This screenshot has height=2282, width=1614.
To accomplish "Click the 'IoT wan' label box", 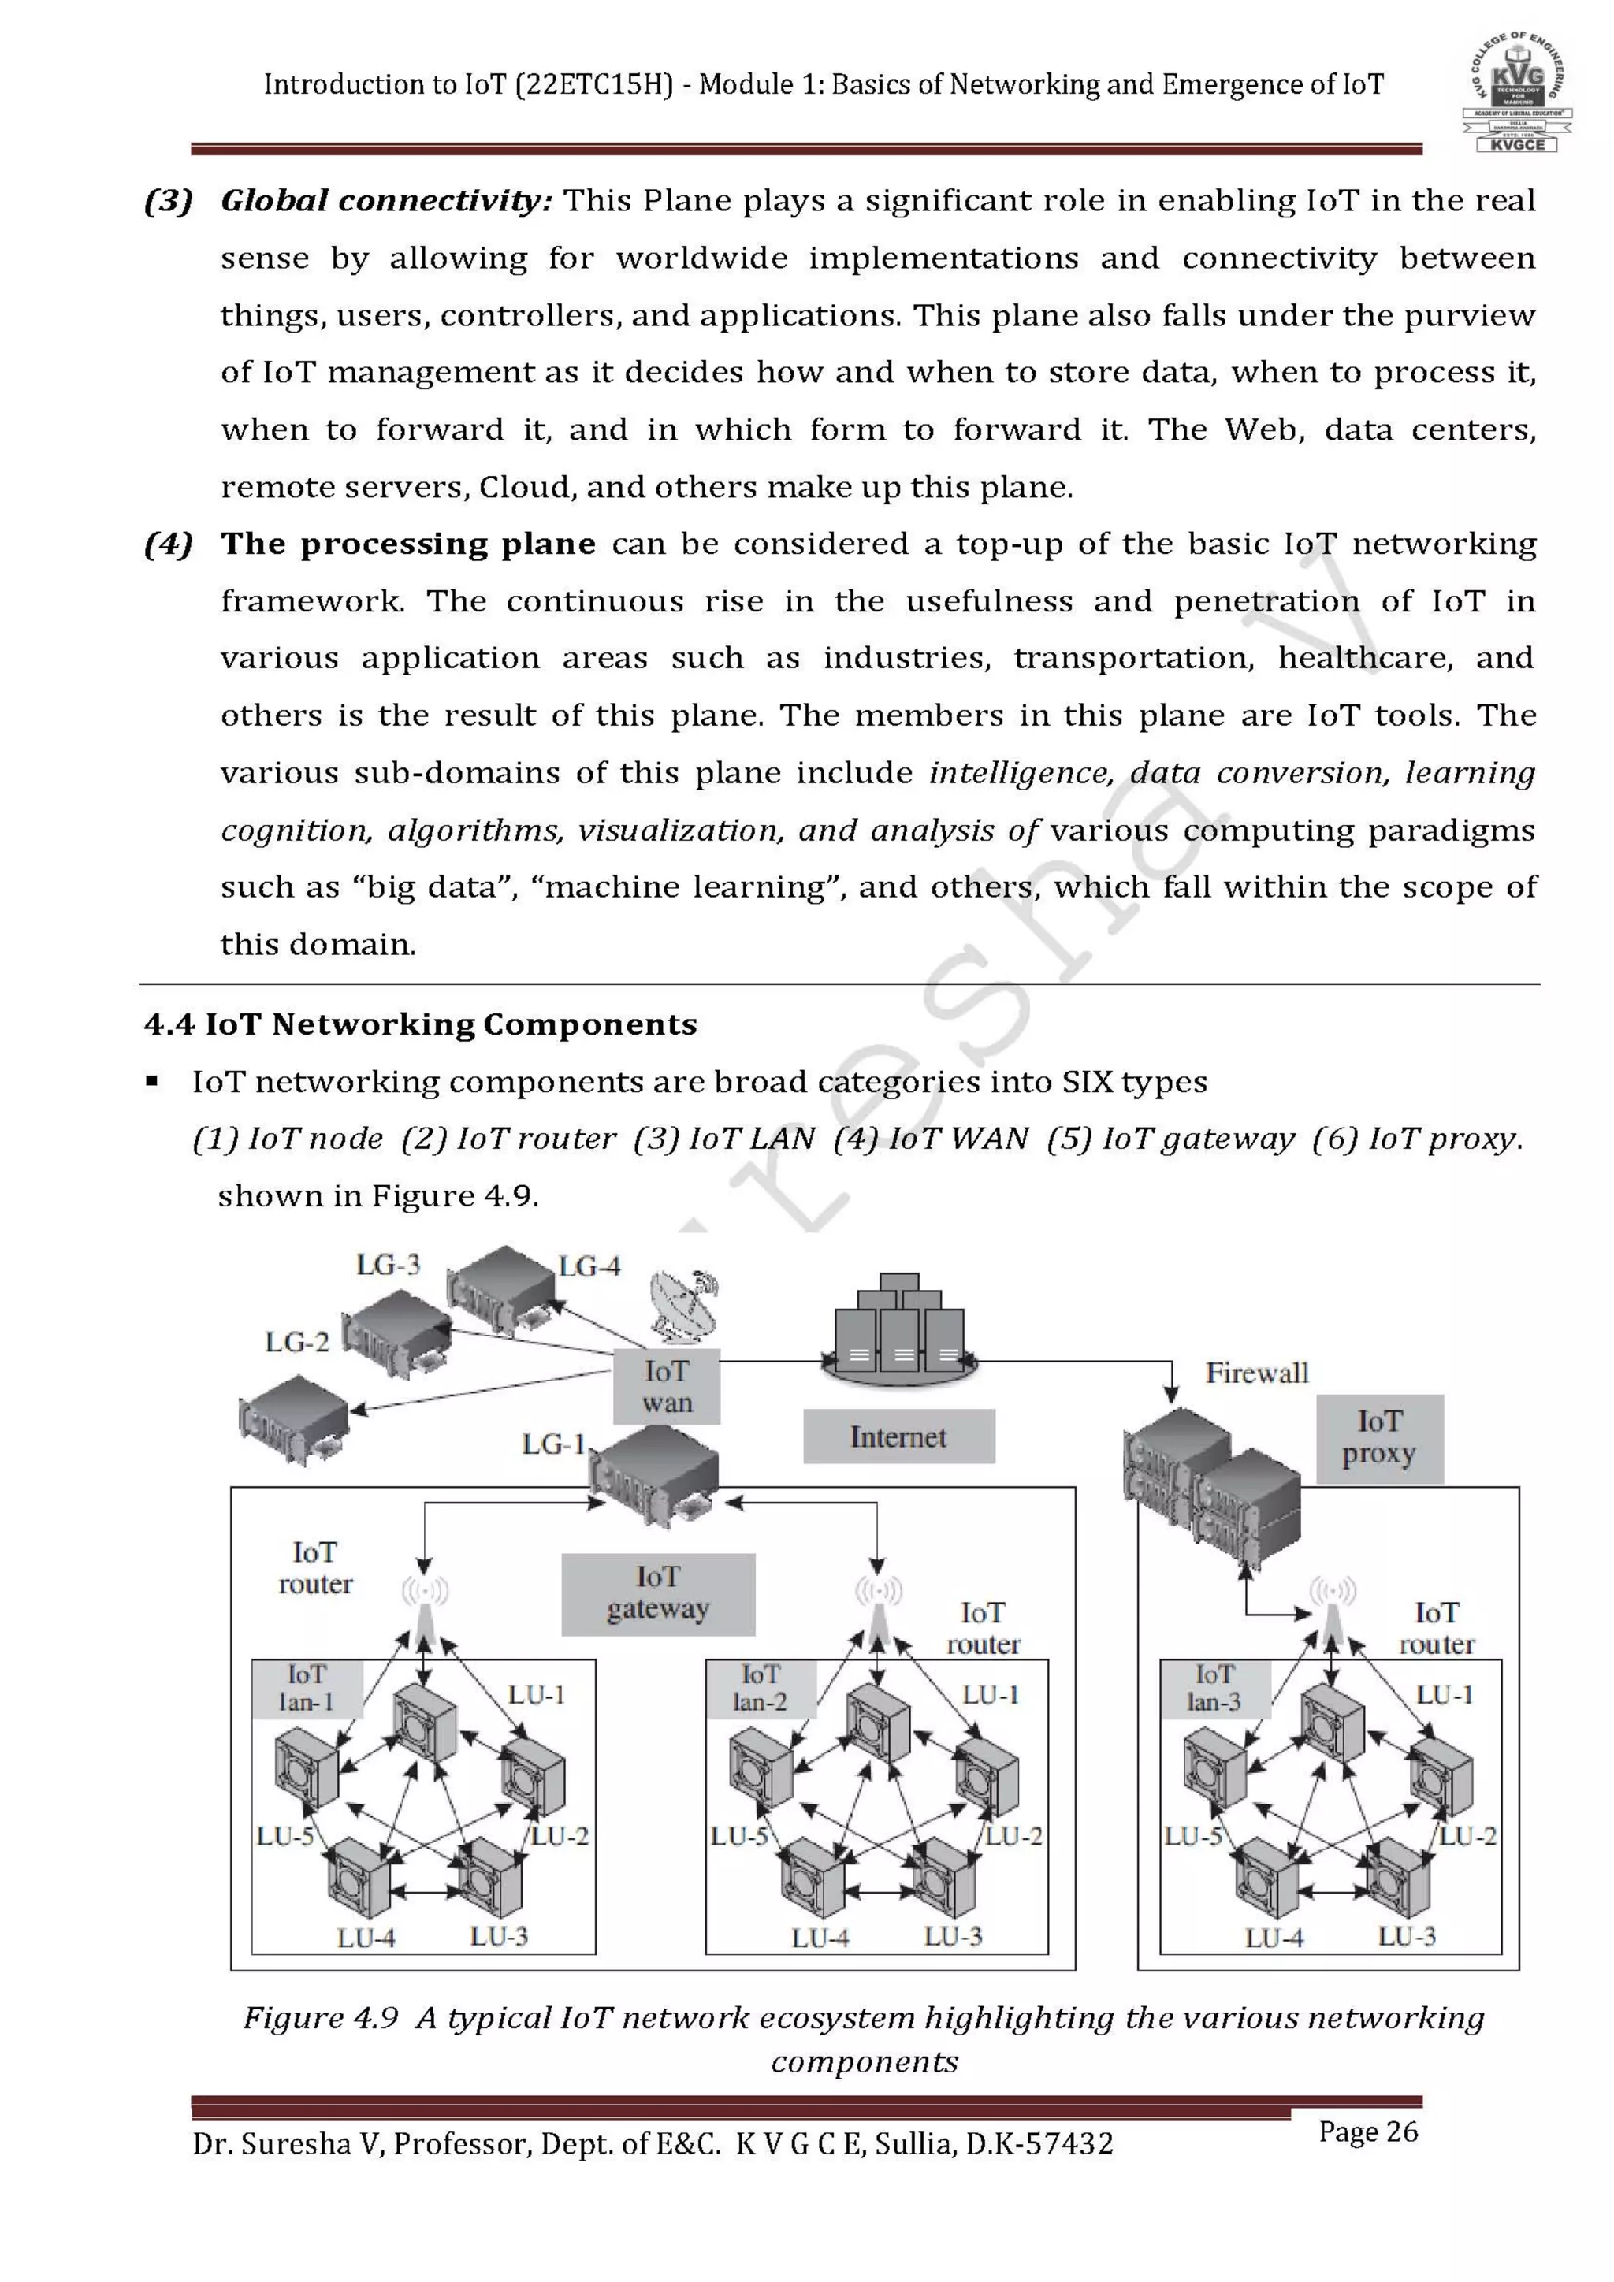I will click(x=666, y=1387).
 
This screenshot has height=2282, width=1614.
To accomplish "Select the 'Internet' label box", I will click(x=898, y=1436).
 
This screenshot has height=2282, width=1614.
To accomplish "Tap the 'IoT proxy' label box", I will click(x=1378, y=1437).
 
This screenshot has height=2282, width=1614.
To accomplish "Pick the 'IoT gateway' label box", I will click(x=658, y=1593).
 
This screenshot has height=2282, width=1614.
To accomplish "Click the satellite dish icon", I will click(x=685, y=1303).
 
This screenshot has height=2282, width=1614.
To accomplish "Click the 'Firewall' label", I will click(x=1256, y=1373).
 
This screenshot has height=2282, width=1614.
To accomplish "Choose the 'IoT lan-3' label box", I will click(x=1214, y=1689).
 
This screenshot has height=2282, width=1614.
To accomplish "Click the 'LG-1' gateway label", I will click(x=552, y=1444).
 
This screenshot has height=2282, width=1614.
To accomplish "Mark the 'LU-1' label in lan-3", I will click(x=1444, y=1695).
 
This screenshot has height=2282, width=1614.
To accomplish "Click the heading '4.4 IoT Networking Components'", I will click(x=420, y=1024).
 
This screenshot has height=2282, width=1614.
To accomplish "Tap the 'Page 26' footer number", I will click(x=1367, y=2132).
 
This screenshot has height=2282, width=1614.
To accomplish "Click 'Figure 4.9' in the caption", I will click(x=320, y=2019).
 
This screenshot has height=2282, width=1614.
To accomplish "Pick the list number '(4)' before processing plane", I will click(x=169, y=544).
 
